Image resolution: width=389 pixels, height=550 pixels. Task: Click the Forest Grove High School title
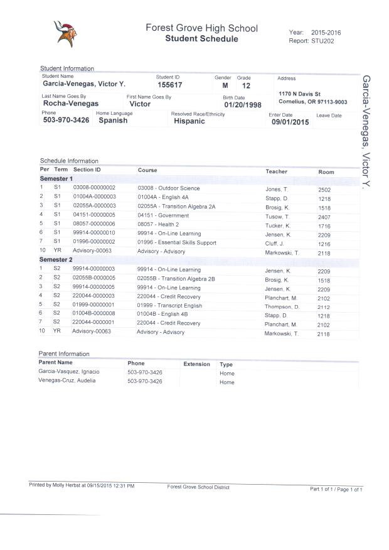(x=201, y=28)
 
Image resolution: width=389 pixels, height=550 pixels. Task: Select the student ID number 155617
(x=170, y=85)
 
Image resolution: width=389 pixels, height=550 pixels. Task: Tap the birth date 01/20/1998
(x=243, y=105)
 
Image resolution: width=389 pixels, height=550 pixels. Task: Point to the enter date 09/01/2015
(x=290, y=122)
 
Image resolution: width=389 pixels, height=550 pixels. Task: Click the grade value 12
(x=245, y=85)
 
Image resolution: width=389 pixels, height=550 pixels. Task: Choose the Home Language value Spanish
(x=113, y=121)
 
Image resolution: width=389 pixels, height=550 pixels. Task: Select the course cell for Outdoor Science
(x=169, y=188)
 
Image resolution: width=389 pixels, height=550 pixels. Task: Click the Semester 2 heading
(x=56, y=259)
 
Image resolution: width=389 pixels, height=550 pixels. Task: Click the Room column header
(x=326, y=171)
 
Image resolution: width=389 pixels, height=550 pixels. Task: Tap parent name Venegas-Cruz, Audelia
(x=67, y=380)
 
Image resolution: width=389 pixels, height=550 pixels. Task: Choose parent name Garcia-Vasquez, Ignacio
(x=70, y=372)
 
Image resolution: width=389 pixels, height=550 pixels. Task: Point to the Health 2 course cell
(x=159, y=224)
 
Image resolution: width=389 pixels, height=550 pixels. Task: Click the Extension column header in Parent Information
(x=196, y=364)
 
